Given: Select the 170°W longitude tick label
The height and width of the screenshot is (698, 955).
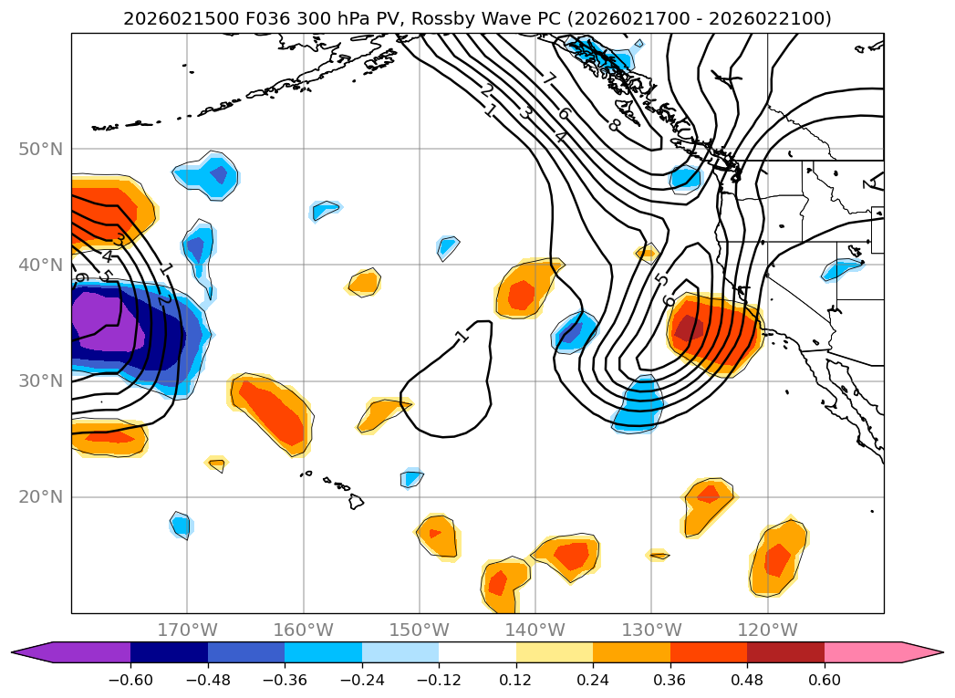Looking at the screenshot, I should (x=187, y=630).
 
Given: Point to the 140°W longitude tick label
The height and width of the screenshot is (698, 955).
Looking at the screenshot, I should (x=535, y=630).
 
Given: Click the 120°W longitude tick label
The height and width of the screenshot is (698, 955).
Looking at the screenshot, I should (x=768, y=630).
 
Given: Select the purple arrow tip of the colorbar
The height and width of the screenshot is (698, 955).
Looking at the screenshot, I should (x=32, y=651).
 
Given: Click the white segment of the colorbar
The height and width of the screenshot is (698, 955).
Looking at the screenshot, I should (x=477, y=651).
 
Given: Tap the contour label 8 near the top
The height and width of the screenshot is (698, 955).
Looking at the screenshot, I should (x=613, y=125).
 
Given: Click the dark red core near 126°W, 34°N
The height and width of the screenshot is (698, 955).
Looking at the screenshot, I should (x=690, y=328).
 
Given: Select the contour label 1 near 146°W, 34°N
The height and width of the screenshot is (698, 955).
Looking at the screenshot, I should (x=462, y=337).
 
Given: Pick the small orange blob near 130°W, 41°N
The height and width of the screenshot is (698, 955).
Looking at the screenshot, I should (x=646, y=252).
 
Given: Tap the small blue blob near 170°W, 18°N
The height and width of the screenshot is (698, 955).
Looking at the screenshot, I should (x=181, y=525).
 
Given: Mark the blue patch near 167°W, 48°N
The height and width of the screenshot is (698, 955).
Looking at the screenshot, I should (x=210, y=175).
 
